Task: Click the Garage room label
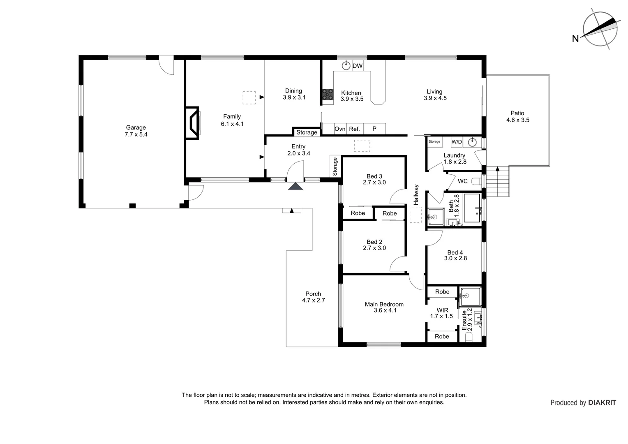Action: pos(136,127)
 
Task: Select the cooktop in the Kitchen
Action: pos(328,95)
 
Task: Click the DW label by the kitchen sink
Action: pos(358,66)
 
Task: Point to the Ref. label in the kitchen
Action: pos(354,129)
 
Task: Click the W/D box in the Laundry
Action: pos(457,142)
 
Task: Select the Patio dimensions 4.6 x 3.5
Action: pos(517,120)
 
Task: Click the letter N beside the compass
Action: pos(575,39)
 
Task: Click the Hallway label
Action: pos(416,195)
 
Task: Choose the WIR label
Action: pos(442,310)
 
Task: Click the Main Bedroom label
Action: pos(384,304)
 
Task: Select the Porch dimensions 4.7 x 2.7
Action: pos(313,300)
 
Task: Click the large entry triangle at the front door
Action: pos(295,186)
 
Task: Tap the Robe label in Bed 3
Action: pos(358,213)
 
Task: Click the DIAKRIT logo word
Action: pos(602,403)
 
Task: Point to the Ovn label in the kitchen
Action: pos(340,129)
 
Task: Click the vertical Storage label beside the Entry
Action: pos(335,166)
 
